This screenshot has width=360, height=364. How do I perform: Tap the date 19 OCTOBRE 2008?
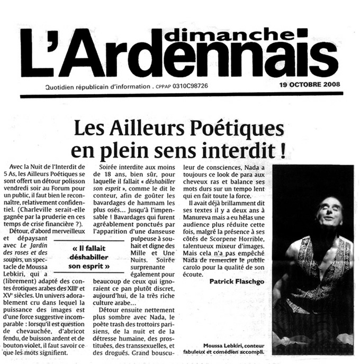click(310, 86)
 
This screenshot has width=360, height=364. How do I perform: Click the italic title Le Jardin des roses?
click(43, 238)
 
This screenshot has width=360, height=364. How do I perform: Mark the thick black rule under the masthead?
click(180, 95)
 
